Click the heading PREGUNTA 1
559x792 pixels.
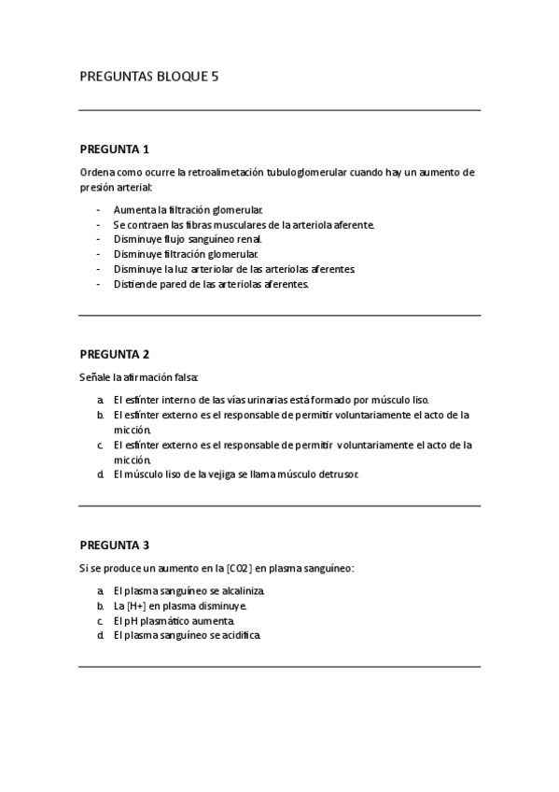click(115, 149)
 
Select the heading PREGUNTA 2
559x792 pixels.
click(115, 354)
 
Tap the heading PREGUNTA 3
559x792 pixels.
click(115, 544)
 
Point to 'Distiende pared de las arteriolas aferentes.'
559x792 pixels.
click(210, 284)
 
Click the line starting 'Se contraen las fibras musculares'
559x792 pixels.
click(244, 225)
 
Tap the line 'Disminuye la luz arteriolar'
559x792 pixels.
click(234, 269)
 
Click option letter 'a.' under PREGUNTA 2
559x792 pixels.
click(100, 400)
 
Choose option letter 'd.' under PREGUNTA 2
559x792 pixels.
click(100, 474)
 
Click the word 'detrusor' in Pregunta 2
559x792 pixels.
click(338, 474)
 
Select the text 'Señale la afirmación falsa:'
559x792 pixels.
click(139, 376)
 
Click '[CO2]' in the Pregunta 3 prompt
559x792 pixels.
click(239, 568)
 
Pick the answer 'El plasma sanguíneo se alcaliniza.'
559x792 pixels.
click(189, 591)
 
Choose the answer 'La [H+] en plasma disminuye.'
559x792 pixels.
click(180, 606)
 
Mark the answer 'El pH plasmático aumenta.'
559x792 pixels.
click(174, 621)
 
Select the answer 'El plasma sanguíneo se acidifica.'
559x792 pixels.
click(188, 636)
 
